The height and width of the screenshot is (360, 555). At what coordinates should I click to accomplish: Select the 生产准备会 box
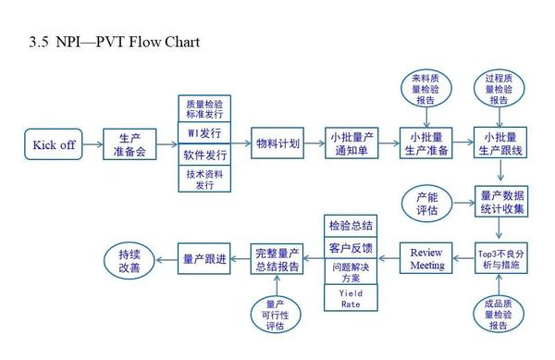pos(129,145)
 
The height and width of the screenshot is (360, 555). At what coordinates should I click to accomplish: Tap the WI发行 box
pos(203,132)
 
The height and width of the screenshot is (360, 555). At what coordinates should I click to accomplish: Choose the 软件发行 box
pos(203,155)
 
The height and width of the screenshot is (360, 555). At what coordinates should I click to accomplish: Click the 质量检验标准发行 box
pos(203,108)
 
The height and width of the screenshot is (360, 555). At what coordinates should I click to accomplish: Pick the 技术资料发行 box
pos(203,180)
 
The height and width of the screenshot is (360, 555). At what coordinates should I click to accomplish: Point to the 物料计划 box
pos(277,145)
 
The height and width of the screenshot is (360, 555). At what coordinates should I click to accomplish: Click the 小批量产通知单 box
pos(351,145)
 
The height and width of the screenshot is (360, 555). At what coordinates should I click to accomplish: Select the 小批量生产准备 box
pos(425,145)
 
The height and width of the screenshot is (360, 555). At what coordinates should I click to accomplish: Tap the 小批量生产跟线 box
pos(500,145)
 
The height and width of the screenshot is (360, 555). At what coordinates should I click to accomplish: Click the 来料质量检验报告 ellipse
pos(427,87)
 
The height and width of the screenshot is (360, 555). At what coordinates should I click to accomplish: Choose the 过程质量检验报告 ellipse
pos(500,87)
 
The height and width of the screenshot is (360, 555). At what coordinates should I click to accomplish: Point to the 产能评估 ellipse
pos(427,202)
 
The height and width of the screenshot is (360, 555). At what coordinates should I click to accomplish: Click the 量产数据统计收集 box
pos(500,202)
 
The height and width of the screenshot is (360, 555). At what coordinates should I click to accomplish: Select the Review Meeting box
pos(426,258)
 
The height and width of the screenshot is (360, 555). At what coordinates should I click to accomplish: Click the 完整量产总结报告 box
pos(277,258)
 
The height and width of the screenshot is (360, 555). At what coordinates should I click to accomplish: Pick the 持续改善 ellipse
pos(129,259)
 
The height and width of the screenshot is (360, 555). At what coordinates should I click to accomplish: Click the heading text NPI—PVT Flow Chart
pos(116,42)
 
